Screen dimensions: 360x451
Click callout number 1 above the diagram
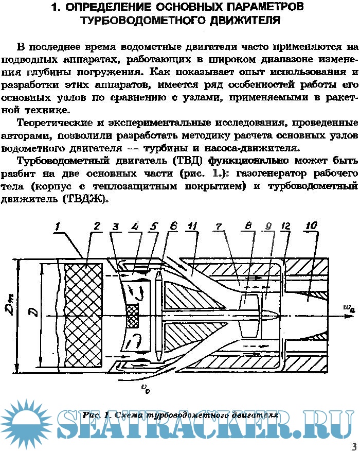point(58,227)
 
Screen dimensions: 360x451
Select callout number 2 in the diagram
point(97,226)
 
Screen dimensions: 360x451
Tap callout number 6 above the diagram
point(173,226)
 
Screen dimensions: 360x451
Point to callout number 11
point(192,226)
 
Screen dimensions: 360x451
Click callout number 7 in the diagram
point(219,227)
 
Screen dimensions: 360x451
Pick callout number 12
point(285,226)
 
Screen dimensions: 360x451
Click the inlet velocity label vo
point(145,389)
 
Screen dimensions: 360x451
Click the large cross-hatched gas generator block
point(84,316)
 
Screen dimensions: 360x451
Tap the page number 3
point(354,446)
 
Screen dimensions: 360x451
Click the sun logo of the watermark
point(26,423)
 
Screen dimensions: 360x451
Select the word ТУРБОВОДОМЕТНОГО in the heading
point(142,21)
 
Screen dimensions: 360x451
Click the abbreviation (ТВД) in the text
point(188,160)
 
